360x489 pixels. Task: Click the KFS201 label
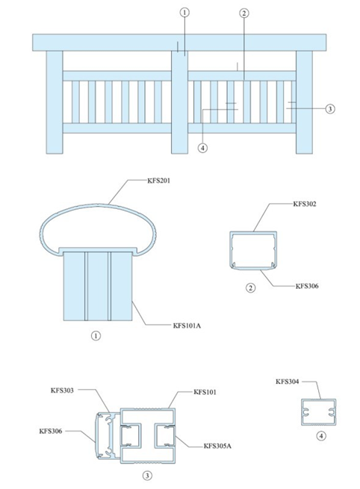coord(159,181)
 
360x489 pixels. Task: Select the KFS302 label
coord(305,204)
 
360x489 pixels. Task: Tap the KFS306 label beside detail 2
coord(307,286)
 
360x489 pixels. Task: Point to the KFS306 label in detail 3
coord(51,431)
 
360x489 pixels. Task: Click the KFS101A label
coord(187,326)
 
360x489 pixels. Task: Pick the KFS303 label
coord(62,390)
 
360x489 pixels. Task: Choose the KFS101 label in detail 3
coord(205,392)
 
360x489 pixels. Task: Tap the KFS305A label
coord(217,446)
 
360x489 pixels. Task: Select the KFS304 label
coord(288,381)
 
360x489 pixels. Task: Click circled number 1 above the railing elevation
coord(184,13)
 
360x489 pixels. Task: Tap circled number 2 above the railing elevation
coord(244,13)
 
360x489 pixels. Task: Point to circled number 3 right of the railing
coord(329,108)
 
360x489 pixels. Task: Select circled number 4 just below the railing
coord(202,148)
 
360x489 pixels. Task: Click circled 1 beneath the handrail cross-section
coord(96,336)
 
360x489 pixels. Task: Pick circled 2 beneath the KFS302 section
coord(250,287)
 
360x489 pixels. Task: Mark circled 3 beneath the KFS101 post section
coord(147,476)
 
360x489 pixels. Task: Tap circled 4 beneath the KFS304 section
coord(321,436)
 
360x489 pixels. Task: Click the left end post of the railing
coord(55,102)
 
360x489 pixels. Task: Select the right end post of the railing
coord(304,102)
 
